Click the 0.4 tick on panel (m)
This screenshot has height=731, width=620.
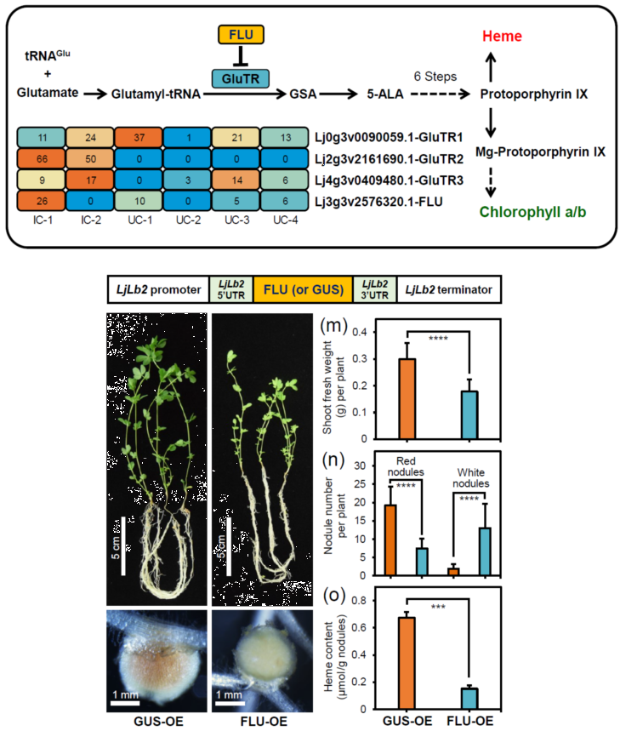368,332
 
